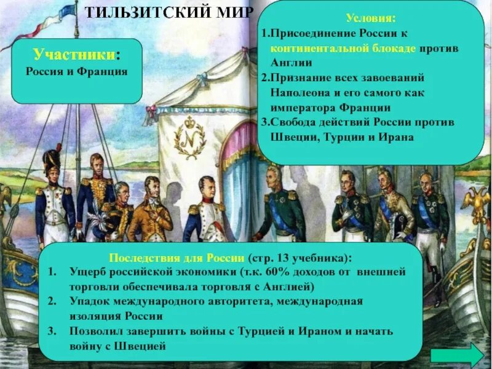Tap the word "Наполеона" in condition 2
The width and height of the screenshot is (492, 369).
coord(296,93)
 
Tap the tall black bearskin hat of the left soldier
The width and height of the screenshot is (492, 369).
coord(51,162)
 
